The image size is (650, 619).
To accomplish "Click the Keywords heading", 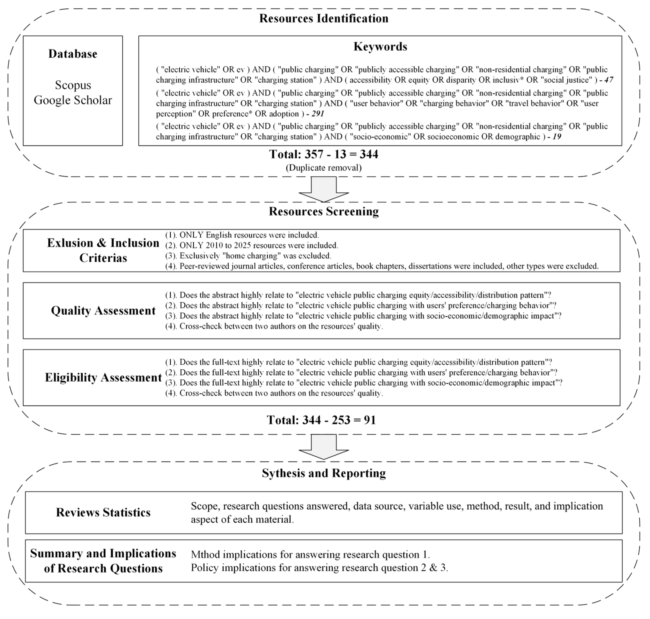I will pyautogui.click(x=380, y=46).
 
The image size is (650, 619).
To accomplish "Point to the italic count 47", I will pyautogui.click(x=608, y=80).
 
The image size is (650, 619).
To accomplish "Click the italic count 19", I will pyautogui.click(x=557, y=137).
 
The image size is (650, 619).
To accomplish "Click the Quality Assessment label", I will pyautogui.click(x=103, y=310).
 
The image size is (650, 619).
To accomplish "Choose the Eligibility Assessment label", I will pyautogui.click(x=103, y=377).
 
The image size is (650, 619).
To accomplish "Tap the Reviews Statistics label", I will pyautogui.click(x=103, y=513).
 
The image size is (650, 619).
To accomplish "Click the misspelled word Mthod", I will pyautogui.click(x=205, y=555).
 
